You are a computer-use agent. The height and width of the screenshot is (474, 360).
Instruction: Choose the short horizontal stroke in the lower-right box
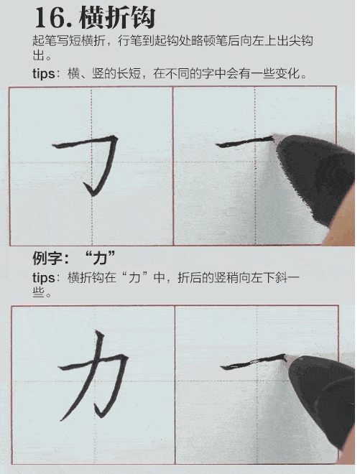point(248,363)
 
